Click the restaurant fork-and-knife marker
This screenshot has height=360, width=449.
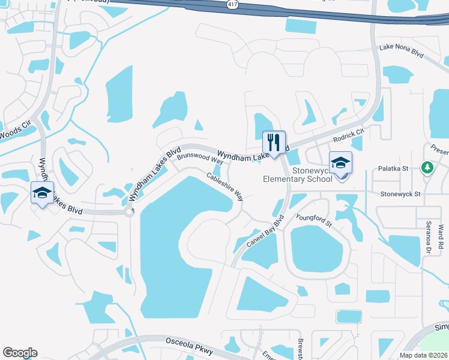[x=274, y=143]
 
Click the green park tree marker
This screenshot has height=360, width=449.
[x=427, y=167]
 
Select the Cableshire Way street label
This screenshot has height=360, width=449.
[x=225, y=187]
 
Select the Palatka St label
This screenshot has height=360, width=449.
[x=393, y=170]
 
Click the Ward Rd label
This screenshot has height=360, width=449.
[x=441, y=237]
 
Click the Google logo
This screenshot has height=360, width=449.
[x=20, y=353]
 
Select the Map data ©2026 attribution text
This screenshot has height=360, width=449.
[x=424, y=355]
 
